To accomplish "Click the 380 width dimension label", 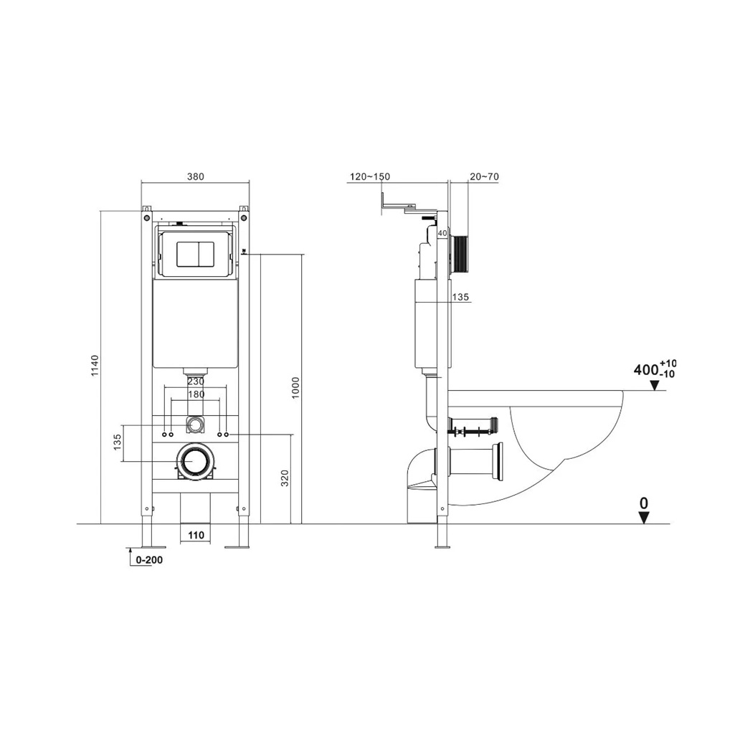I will [x=195, y=177].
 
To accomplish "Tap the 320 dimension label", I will [x=285, y=478].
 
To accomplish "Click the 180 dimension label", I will [x=196, y=394].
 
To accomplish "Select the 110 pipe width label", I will [x=196, y=535].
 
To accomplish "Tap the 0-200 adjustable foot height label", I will [x=149, y=560].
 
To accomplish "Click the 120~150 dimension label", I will [x=369, y=177].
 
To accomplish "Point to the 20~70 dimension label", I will [x=483, y=177].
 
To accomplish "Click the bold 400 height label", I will [x=646, y=370].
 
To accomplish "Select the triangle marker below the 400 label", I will [x=654, y=386].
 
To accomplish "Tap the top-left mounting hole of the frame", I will [x=146, y=217].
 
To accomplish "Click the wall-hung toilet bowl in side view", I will [x=566, y=437].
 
